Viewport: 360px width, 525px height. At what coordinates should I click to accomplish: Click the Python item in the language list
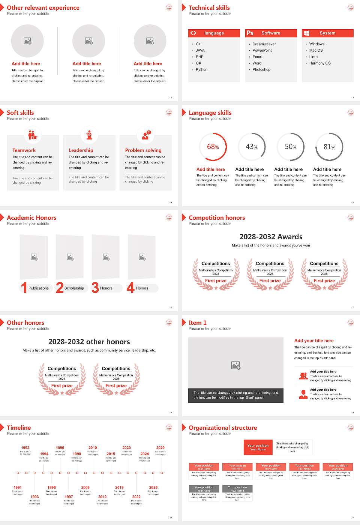201,70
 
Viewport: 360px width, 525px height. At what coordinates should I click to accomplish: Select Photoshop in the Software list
261,70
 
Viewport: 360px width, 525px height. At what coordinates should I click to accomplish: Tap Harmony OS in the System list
320,63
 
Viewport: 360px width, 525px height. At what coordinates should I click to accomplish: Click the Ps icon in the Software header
250,33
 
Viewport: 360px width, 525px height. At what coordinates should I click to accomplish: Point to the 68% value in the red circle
213,147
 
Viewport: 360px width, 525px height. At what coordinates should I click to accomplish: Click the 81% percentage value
329,147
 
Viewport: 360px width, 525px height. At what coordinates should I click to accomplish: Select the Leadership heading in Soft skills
81,150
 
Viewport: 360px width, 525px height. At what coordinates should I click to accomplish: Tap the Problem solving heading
143,150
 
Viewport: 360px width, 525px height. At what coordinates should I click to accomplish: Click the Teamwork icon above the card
33,135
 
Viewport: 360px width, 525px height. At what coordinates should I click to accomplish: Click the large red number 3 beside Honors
95,288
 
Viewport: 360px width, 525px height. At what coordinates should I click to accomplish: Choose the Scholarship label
74,288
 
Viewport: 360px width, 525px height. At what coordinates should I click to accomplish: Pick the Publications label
39,288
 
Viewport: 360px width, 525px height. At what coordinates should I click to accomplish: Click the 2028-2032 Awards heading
271,237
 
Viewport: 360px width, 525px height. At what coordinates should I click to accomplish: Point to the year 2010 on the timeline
93,448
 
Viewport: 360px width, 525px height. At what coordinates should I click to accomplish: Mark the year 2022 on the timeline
136,497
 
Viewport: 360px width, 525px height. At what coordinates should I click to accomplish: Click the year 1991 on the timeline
18,488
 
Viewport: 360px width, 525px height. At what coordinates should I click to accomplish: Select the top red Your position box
258,447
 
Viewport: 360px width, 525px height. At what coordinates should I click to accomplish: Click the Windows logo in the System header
306,33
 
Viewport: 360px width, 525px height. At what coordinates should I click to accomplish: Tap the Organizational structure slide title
223,428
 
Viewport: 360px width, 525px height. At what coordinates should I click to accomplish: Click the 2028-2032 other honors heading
89,342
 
